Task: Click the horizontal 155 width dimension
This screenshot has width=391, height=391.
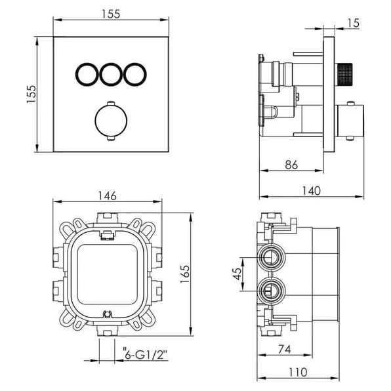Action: click(111, 14)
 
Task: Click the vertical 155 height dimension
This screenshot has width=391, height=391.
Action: click(31, 94)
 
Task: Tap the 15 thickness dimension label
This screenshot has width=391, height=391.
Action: click(354, 23)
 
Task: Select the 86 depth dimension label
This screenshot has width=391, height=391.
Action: click(291, 165)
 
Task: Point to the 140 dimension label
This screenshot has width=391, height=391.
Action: click(311, 191)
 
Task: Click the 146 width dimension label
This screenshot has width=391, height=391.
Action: click(107, 195)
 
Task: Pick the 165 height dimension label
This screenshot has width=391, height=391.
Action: click(185, 274)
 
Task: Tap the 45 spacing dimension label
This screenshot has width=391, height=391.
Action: click(237, 274)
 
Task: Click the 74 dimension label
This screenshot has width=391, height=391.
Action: click(285, 350)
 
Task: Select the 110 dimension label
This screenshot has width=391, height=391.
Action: click(298, 372)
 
